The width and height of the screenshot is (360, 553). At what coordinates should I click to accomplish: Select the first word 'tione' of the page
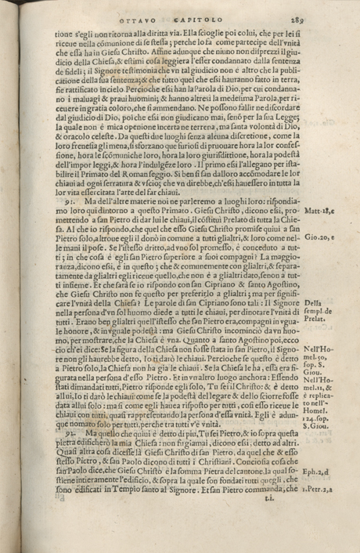pyautogui.click(x=63, y=34)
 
